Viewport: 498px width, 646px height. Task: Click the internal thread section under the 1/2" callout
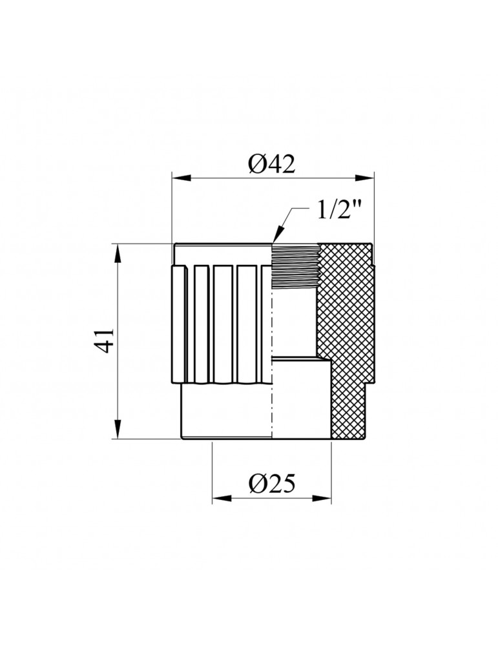294,266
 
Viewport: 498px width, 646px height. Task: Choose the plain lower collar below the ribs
226,413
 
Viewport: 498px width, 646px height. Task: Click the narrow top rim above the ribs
223,253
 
